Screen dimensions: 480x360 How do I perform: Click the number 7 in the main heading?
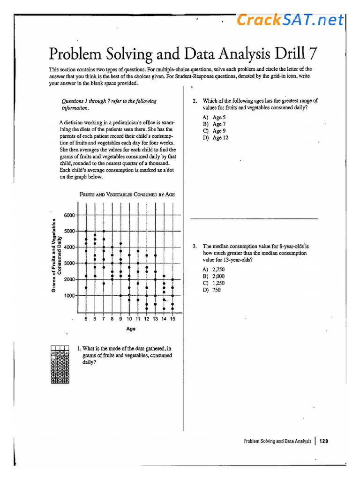(311, 54)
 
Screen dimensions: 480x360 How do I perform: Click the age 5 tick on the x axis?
(86, 319)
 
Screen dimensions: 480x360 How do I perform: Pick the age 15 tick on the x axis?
(172, 319)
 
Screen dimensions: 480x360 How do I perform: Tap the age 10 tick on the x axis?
(129, 319)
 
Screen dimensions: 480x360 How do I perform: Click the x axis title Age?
(131, 329)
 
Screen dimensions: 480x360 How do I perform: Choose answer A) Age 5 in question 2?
(214, 118)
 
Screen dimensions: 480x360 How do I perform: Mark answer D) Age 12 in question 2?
(216, 138)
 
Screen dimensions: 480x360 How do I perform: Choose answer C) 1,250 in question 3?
(214, 283)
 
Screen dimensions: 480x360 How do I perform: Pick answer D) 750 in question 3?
(212, 290)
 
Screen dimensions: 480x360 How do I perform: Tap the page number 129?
(323, 441)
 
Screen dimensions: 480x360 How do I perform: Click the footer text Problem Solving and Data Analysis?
(277, 441)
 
